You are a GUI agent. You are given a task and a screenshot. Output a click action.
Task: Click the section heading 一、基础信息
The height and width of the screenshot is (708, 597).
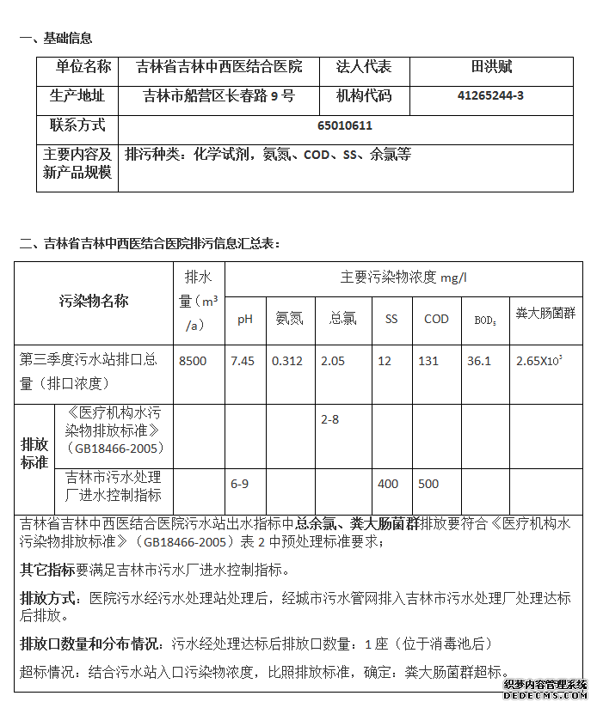[57, 38]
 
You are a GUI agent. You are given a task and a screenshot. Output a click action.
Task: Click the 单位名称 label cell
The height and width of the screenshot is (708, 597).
[83, 67]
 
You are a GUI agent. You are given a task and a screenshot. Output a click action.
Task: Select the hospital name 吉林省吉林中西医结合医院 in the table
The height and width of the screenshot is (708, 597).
[219, 67]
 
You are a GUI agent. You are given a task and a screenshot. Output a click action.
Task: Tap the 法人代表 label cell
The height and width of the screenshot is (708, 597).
[363, 67]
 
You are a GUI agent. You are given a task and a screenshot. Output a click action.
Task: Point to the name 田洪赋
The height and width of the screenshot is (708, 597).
[491, 67]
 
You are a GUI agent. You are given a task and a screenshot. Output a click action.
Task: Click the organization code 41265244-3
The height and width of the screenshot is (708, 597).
[490, 96]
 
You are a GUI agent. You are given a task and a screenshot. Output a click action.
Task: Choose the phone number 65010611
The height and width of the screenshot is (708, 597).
[345, 125]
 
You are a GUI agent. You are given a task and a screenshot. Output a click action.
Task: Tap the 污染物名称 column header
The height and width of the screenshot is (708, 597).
[94, 302]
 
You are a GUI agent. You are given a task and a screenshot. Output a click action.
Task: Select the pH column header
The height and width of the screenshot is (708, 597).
[245, 319]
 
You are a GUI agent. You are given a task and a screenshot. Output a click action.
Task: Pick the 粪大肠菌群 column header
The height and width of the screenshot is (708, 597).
[545, 314]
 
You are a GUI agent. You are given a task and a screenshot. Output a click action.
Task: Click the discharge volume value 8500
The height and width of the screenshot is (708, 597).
[193, 361]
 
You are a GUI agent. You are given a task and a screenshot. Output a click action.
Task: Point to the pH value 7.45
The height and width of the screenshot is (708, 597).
[243, 361]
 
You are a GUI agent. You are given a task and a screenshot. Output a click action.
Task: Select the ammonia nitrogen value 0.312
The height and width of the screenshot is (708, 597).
[287, 361]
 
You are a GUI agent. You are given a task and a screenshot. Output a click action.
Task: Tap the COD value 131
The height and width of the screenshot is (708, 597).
[428, 361]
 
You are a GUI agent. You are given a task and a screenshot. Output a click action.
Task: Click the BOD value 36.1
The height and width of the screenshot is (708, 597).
[478, 361]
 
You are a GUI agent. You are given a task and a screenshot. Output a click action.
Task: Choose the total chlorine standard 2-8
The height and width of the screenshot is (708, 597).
[329, 419]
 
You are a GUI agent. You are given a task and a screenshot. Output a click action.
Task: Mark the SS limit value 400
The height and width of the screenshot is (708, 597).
[388, 484]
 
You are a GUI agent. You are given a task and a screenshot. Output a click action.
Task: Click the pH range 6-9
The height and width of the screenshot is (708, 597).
[240, 484]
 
